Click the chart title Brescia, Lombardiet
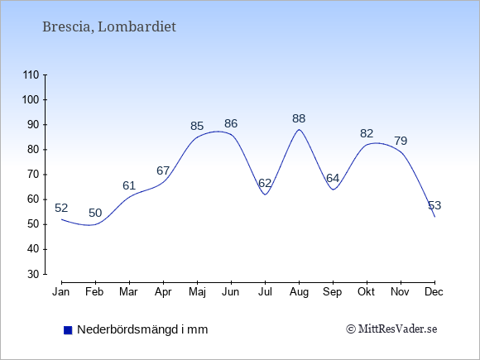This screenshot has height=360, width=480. click(x=109, y=27)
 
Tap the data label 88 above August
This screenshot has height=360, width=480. click(x=299, y=118)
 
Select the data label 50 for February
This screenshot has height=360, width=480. click(x=95, y=213)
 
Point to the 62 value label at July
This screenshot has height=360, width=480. click(x=265, y=183)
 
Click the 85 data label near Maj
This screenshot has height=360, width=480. click(x=197, y=126)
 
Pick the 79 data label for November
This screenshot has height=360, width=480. click(x=401, y=141)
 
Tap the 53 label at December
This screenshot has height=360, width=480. click(x=434, y=205)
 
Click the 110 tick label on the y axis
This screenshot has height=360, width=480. click(x=31, y=75)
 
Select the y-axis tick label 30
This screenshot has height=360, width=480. click(x=33, y=274)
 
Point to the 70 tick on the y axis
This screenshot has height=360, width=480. click(x=33, y=175)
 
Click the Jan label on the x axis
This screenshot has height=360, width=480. click(x=61, y=292)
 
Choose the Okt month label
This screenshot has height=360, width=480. click(x=367, y=292)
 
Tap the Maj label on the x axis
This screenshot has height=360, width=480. click(x=197, y=292)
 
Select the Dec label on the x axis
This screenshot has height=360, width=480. click(x=434, y=292)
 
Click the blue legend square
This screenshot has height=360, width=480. click(x=68, y=330)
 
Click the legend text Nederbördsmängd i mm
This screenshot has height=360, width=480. click(x=142, y=329)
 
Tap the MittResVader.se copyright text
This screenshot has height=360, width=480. click(x=391, y=329)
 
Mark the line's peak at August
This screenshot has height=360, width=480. click(x=299, y=129)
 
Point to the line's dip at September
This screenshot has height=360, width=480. click(x=333, y=190)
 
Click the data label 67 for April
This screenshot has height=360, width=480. click(x=163, y=170)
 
